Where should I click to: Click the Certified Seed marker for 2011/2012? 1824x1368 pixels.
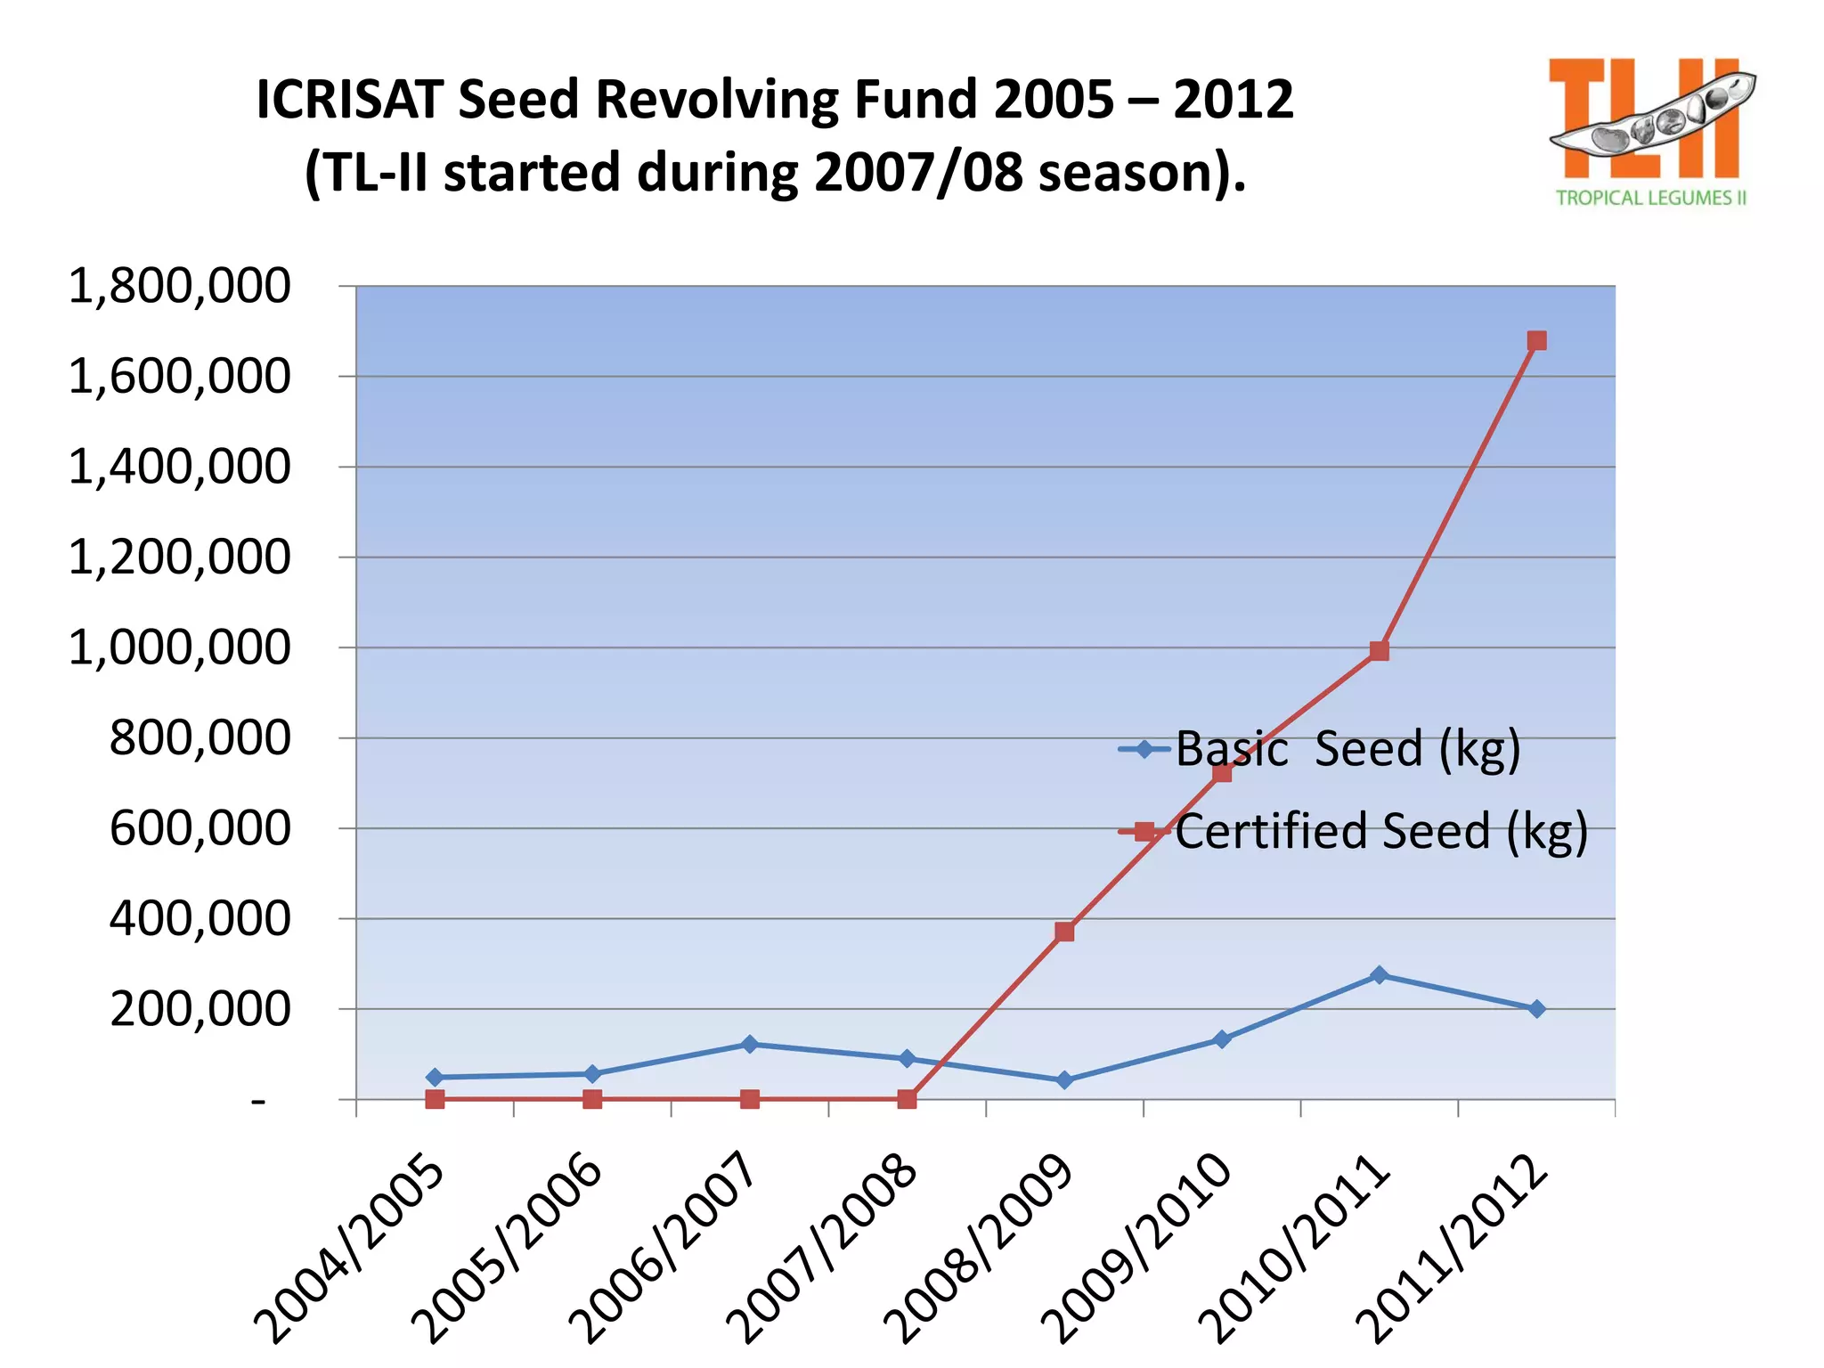pyautogui.click(x=1536, y=341)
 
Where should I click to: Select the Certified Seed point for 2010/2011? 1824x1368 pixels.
pyautogui.click(x=1379, y=651)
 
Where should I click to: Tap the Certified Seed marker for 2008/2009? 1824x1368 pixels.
pyautogui.click(x=1064, y=932)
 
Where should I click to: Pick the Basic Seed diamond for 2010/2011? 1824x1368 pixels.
pyautogui.click(x=1379, y=975)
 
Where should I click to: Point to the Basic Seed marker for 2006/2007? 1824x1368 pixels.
pyautogui.click(x=750, y=1044)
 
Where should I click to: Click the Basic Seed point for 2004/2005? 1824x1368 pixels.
pyautogui.click(x=435, y=1078)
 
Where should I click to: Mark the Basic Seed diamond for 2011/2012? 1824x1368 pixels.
pyautogui.click(x=1536, y=1009)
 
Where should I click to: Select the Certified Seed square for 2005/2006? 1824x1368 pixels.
pyautogui.click(x=592, y=1099)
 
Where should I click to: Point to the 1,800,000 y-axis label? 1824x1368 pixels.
pyautogui.click(x=179, y=287)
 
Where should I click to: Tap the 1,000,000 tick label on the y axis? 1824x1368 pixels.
pyautogui.click(x=179, y=647)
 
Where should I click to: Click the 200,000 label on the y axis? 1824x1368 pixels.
pyautogui.click(x=199, y=1009)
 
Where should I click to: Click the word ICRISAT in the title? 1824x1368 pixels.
pyautogui.click(x=349, y=99)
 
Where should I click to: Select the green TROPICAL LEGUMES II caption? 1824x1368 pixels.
pyautogui.click(x=1650, y=198)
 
